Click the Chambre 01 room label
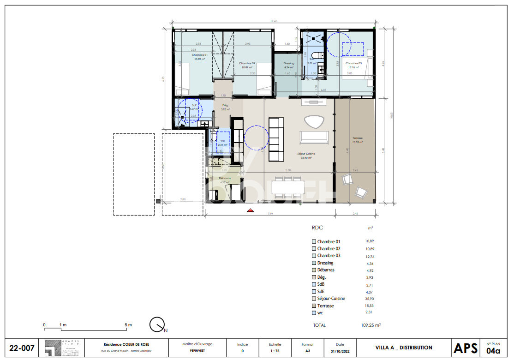[x=200, y=54]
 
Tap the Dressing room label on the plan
[x=289, y=64]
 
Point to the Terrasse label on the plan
[x=357, y=138]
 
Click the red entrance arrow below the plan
[x=251, y=210]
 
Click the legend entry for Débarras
[x=325, y=270]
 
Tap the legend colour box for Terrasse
[x=314, y=306]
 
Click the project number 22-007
[x=22, y=348]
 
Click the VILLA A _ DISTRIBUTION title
[x=404, y=348]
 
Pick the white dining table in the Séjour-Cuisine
[x=288, y=186]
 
